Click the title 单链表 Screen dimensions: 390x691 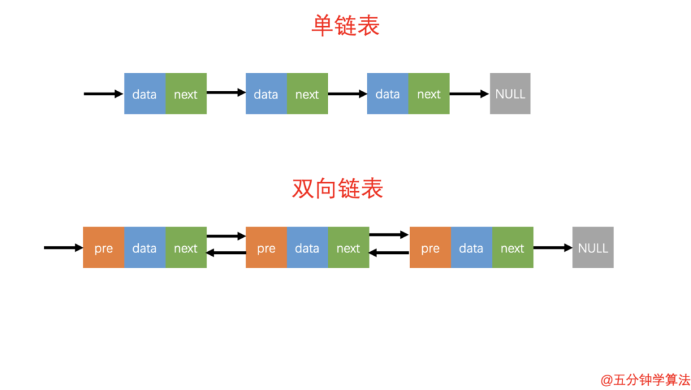345,26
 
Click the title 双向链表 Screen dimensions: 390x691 337,189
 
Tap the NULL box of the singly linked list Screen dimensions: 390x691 510,94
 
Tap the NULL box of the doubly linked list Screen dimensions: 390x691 592,247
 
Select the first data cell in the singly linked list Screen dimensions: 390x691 145,94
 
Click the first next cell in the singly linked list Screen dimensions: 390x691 186,94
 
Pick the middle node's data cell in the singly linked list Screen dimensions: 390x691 266,94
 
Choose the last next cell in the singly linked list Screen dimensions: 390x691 429,94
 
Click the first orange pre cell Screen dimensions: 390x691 104,247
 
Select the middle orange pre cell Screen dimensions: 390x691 266,247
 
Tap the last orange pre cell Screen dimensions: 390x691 430,247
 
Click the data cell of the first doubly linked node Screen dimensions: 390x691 145,247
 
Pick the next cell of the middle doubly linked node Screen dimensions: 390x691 348,247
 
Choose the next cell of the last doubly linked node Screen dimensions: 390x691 512,247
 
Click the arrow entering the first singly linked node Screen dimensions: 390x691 103,94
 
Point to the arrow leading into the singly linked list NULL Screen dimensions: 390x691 469,94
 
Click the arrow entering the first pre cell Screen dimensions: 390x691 63,247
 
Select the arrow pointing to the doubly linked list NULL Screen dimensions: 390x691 552,247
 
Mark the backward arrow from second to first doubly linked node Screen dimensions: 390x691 226,253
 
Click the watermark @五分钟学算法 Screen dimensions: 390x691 645,380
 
